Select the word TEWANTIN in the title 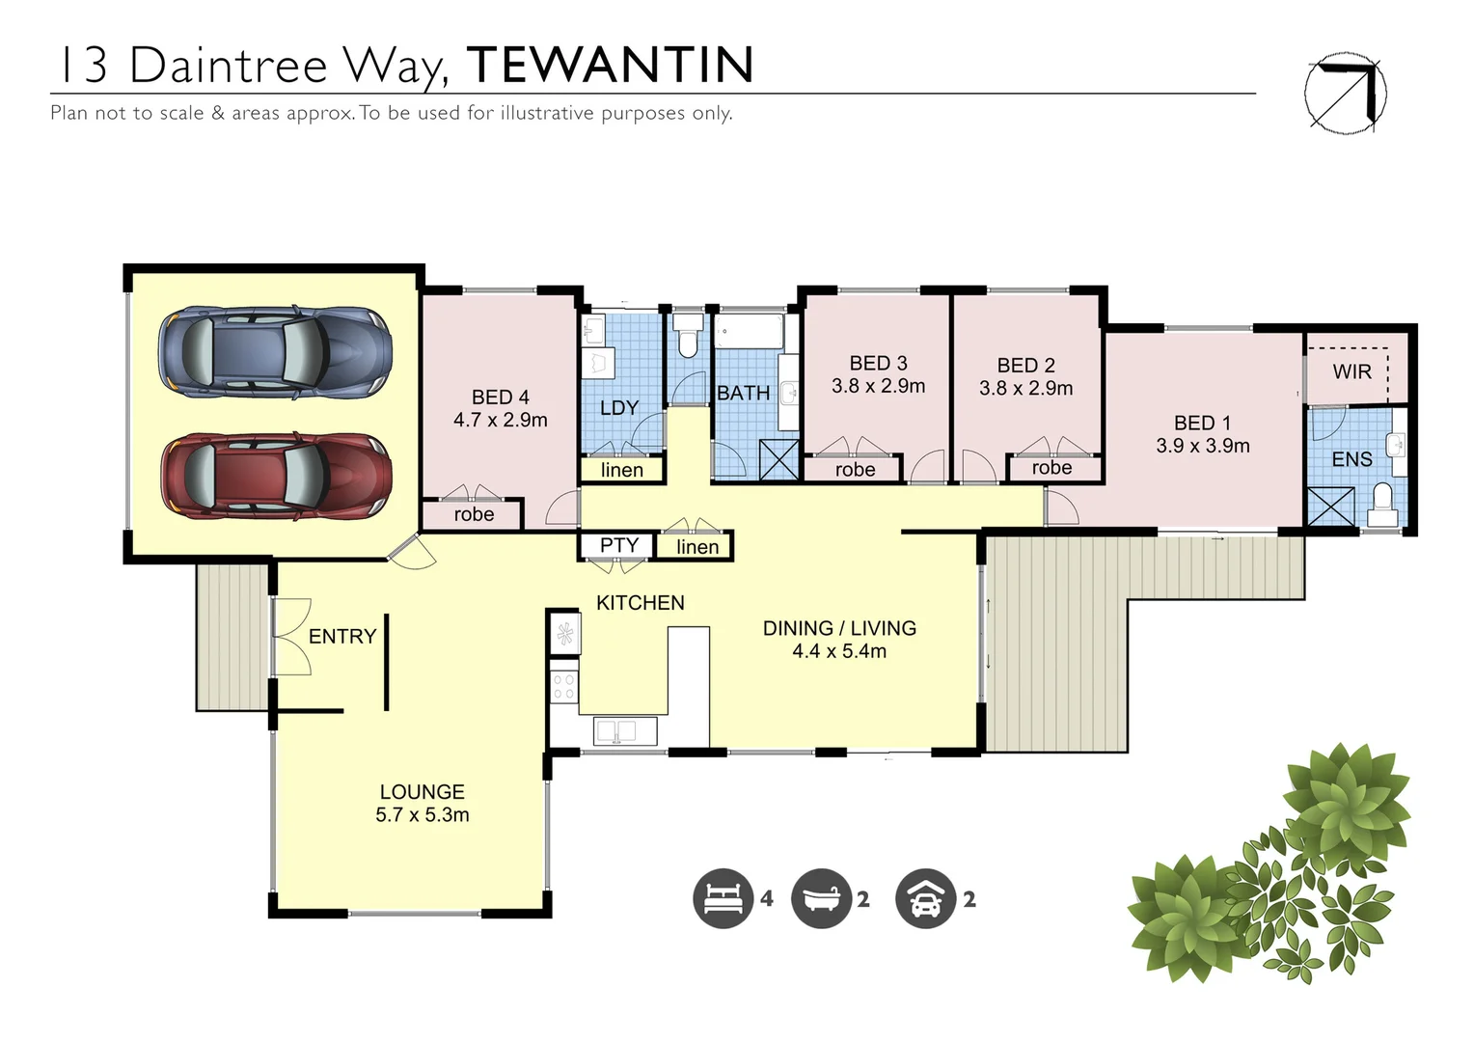(x=610, y=66)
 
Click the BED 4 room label (x=500, y=398)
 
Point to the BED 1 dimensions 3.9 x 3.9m (x=1202, y=447)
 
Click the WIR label (x=1351, y=371)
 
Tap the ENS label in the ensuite (x=1351, y=460)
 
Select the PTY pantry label (x=618, y=545)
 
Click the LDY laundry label (x=618, y=408)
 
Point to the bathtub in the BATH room (x=750, y=331)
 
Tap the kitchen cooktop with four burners (x=563, y=686)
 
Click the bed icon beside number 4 (x=723, y=898)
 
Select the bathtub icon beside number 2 (x=821, y=898)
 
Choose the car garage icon (x=925, y=898)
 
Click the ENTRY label (x=341, y=637)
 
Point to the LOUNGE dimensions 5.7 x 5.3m (x=422, y=815)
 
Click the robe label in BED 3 (x=855, y=470)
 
